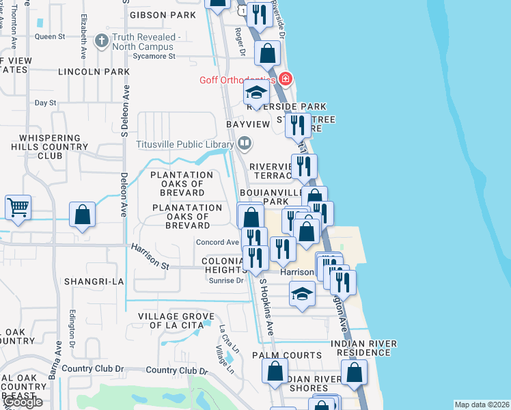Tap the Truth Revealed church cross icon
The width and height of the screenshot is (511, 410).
point(101,40)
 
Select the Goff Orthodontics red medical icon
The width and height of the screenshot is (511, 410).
point(285,79)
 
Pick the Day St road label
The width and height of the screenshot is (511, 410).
point(45,102)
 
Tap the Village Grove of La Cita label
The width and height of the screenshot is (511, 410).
point(176,321)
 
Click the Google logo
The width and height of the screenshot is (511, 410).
point(23,402)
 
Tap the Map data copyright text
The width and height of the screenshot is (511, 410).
point(482,405)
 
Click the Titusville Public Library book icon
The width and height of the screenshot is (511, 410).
point(245,143)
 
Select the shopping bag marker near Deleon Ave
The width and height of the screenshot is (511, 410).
point(82,214)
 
